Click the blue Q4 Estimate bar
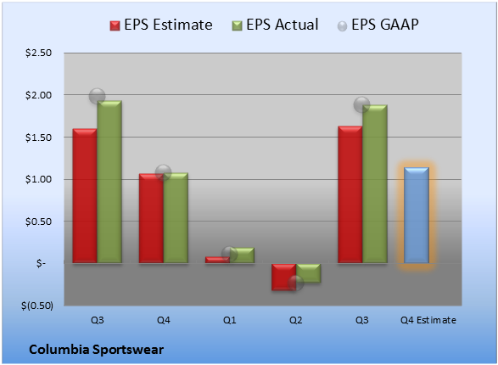416,215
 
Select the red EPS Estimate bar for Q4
151,218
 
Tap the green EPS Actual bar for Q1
242,255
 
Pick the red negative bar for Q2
283,277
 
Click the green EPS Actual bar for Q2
309,272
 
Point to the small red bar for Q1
217,260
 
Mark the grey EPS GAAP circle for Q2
296,283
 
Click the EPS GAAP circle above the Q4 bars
163,173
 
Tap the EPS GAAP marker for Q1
229,254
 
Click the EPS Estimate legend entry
161,25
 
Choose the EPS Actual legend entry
275,25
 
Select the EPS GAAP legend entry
378,25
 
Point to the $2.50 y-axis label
38,53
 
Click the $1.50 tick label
38,138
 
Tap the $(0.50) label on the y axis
37,306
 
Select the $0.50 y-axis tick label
38,222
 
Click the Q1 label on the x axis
229,320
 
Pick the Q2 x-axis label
296,320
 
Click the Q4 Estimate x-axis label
428,320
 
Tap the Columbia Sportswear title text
96,350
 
